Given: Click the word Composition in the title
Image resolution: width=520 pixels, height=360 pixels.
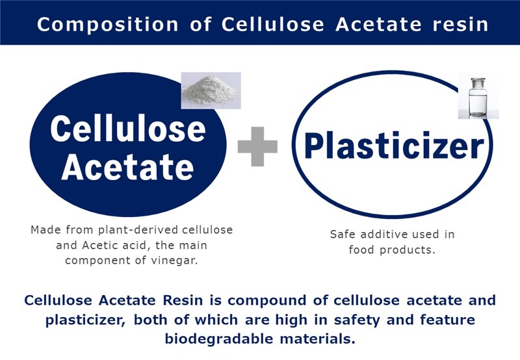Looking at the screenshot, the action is (108, 25).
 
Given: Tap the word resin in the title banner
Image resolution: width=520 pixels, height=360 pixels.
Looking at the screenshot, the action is (461, 25).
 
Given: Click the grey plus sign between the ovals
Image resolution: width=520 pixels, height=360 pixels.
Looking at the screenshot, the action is (257, 146).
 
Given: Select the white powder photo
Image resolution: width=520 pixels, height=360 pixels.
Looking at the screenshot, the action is (211, 90).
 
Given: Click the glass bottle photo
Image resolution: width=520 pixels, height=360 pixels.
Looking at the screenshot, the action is (478, 96).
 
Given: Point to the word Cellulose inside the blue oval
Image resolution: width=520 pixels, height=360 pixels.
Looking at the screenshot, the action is (128, 129).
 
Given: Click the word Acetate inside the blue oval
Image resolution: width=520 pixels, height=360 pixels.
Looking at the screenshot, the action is (127, 167).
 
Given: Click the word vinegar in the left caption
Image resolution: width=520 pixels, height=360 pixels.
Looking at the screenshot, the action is (174, 260).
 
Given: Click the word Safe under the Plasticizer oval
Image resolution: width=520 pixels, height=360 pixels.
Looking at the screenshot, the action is (343, 234).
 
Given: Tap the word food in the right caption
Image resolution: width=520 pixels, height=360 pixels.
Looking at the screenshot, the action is (362, 250).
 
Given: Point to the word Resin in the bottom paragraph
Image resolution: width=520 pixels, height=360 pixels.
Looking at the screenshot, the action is (183, 300).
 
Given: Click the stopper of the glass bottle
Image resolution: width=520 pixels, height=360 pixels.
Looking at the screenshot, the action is (478, 80).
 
